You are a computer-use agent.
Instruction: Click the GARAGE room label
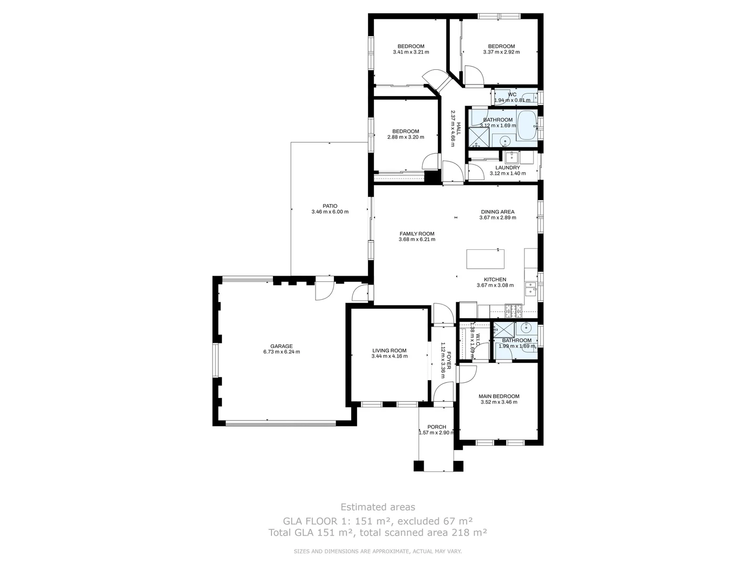281,346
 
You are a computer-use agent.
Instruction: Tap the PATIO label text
330,206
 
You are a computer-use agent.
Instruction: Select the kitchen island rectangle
485,259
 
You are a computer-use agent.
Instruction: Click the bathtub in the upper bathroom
527,126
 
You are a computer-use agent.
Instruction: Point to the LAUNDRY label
507,167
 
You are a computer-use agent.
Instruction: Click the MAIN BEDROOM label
499,396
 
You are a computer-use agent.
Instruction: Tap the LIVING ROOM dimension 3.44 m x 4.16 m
389,356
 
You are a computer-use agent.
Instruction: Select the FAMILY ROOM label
417,234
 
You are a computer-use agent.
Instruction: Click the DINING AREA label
497,212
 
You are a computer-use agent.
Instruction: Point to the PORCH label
437,427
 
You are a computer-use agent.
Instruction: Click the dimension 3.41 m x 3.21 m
411,52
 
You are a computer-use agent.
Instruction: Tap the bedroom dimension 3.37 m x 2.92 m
501,52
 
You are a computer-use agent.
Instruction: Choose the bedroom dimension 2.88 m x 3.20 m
405,137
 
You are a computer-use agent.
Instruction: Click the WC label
505,94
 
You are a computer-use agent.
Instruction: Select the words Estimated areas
377,507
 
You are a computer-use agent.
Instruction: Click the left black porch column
418,466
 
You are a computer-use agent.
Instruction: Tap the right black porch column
458,466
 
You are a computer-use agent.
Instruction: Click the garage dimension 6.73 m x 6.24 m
281,352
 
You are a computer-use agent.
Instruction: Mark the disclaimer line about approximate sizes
377,551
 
